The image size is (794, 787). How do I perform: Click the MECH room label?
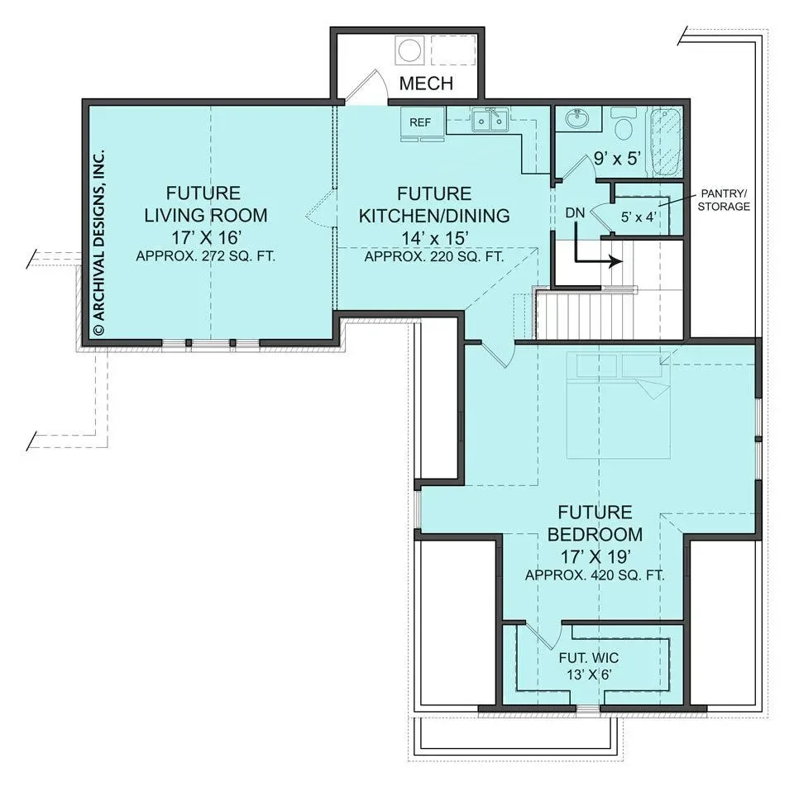click(x=426, y=83)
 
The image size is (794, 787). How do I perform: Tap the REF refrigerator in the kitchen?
click(x=420, y=122)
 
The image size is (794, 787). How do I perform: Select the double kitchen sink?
click(x=490, y=121)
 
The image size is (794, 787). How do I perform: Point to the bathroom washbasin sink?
click(x=576, y=119)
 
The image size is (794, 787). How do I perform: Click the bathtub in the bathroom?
click(x=667, y=141)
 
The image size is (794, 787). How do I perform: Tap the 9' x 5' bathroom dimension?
click(x=617, y=159)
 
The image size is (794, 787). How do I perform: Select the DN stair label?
click(x=575, y=213)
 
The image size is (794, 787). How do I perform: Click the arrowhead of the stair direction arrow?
click(x=616, y=262)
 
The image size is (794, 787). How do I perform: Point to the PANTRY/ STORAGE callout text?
click(x=724, y=200)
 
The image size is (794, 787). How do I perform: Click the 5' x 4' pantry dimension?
click(x=639, y=217)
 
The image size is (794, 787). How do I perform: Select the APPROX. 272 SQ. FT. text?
click(x=206, y=256)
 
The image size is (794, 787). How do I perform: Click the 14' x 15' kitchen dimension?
click(x=434, y=237)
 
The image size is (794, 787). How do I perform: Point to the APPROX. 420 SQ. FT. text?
click(x=595, y=575)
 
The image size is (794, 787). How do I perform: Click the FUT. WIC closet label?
click(x=589, y=658)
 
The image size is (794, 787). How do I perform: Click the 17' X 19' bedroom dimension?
click(x=595, y=556)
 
